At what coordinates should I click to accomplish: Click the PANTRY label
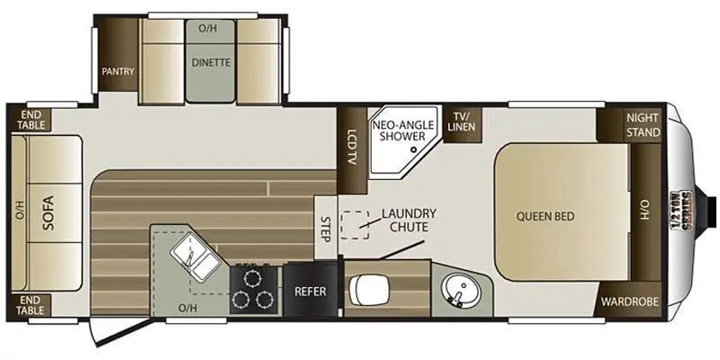coord(118,71)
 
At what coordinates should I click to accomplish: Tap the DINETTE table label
coord(211,62)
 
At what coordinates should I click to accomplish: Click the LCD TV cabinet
coord(352,150)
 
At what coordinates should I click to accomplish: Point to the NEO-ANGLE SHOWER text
coord(398,130)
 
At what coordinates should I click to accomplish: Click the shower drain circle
coord(413,149)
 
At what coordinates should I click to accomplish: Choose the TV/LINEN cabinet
coord(462,123)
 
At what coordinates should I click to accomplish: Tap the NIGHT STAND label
coord(643,125)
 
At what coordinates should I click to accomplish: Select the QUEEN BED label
coord(545,216)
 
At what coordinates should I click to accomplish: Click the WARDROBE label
coord(629,301)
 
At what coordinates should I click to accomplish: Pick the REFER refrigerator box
coord(310,289)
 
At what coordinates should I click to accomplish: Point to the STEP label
coord(326,229)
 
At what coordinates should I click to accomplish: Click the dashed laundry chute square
coord(355,225)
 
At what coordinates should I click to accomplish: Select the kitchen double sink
coord(195,257)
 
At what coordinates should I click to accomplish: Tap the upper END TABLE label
coord(31,120)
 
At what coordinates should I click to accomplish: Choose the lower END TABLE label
coord(31,305)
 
